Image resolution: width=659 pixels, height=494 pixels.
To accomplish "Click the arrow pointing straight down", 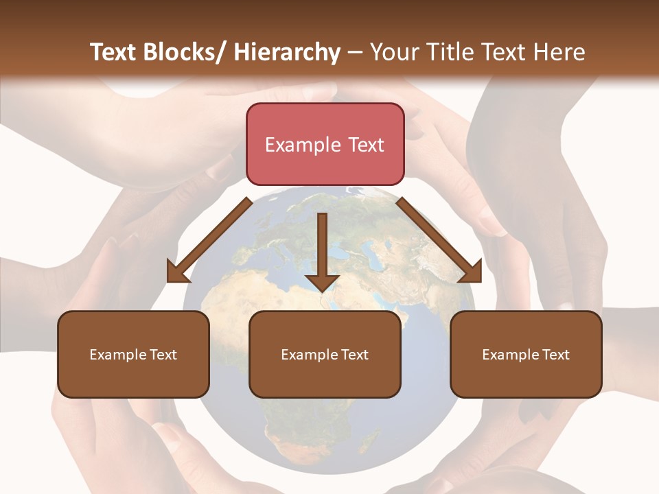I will pos(322,250).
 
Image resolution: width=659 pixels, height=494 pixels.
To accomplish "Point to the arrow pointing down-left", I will pos(209,240).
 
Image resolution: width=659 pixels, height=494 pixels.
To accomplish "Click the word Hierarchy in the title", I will pos(287,53).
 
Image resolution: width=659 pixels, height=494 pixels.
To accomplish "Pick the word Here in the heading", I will pos(559,53).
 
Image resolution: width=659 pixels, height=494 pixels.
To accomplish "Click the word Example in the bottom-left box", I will pos(117,355).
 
